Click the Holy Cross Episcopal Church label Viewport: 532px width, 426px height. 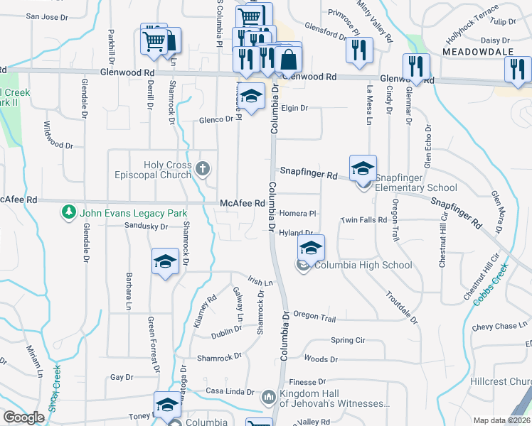[x=158, y=170]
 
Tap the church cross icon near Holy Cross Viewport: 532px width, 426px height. [x=203, y=169]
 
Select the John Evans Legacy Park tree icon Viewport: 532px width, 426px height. [x=69, y=212]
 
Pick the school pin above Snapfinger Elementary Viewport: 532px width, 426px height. [x=363, y=169]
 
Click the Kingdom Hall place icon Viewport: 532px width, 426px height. [x=269, y=396]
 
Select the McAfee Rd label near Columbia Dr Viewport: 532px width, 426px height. [x=243, y=203]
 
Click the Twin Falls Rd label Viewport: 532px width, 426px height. [x=363, y=220]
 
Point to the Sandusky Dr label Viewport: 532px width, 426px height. [x=145, y=226]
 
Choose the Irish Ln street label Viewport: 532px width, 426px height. [x=260, y=283]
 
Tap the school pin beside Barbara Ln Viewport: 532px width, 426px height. [x=165, y=263]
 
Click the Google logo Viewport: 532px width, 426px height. [x=23, y=418]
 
